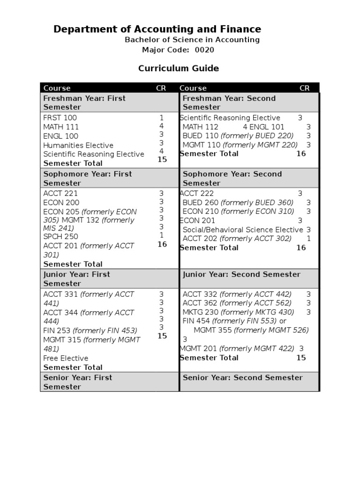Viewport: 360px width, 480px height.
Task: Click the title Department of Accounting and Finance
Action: [157, 29]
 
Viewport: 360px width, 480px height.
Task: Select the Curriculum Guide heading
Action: [178, 68]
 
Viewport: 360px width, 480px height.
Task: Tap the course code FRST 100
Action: [60, 118]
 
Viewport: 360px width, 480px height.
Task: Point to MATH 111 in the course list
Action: [61, 127]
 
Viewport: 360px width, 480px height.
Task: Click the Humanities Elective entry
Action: [78, 145]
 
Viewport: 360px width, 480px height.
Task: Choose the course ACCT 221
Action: [60, 194]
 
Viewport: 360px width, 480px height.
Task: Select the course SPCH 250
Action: [60, 237]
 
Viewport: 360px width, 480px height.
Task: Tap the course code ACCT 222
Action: [197, 194]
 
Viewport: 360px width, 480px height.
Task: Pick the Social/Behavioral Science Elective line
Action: [242, 230]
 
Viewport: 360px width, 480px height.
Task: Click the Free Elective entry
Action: [66, 359]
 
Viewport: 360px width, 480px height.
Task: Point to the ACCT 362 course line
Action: [237, 303]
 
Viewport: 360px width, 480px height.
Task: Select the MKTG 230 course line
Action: [238, 312]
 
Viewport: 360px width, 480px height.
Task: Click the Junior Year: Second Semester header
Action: [241, 275]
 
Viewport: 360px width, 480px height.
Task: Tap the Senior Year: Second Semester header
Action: [242, 378]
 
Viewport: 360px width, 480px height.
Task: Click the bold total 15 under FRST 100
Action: [162, 159]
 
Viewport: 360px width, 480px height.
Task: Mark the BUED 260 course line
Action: [238, 202]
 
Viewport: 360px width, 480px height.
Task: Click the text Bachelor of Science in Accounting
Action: [192, 40]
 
